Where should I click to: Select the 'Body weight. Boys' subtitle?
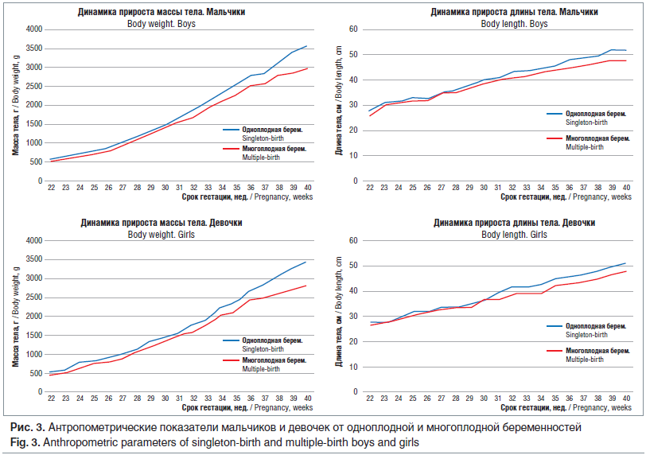click(161, 24)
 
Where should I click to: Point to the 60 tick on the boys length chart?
click(356, 29)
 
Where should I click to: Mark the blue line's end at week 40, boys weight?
click(306, 46)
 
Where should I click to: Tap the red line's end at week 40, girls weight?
click(306, 286)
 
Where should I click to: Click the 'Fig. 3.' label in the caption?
click(21, 441)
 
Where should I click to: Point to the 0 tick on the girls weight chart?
click(37, 393)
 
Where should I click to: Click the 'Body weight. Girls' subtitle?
click(161, 235)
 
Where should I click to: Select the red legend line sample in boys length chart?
click(555, 138)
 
